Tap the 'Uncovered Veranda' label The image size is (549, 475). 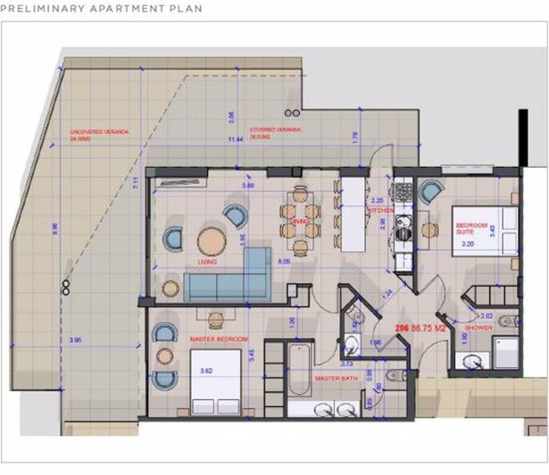100,135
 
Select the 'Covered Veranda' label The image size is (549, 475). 275,131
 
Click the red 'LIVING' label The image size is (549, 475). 208,262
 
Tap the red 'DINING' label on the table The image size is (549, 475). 299,220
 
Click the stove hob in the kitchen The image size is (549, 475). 403,192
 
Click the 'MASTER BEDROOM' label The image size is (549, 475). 219,339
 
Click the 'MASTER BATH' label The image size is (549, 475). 337,379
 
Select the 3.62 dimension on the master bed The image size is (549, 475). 204,369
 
